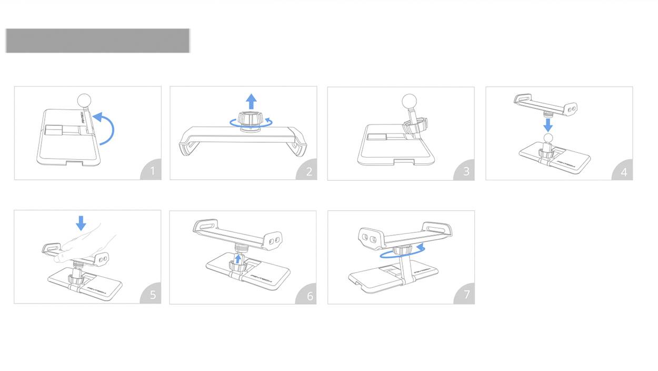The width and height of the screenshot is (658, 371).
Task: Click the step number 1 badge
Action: pyautogui.click(x=152, y=171)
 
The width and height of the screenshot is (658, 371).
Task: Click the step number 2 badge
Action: pyautogui.click(x=308, y=171)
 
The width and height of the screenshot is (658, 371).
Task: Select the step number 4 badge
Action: pyautogui.click(x=624, y=171)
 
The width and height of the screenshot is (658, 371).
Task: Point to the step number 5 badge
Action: pyautogui.click(x=152, y=294)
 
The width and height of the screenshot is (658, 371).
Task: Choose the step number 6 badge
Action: pyautogui.click(x=309, y=295)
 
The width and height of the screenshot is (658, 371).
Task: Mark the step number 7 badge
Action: pyautogui.click(x=466, y=295)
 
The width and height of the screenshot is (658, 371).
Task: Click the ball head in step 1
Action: pyautogui.click(x=84, y=101)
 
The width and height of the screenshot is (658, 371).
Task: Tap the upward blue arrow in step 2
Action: pyautogui.click(x=252, y=101)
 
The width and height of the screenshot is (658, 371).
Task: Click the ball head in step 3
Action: pyautogui.click(x=409, y=101)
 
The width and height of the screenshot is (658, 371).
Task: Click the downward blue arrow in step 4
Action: pyautogui.click(x=548, y=125)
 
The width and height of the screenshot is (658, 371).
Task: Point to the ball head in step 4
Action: pyautogui.click(x=549, y=138)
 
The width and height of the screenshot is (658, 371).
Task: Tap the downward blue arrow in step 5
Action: pyautogui.click(x=81, y=222)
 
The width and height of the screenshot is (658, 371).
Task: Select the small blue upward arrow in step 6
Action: pyautogui.click(x=237, y=258)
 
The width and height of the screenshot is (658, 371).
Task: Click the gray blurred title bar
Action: pyautogui.click(x=97, y=41)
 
